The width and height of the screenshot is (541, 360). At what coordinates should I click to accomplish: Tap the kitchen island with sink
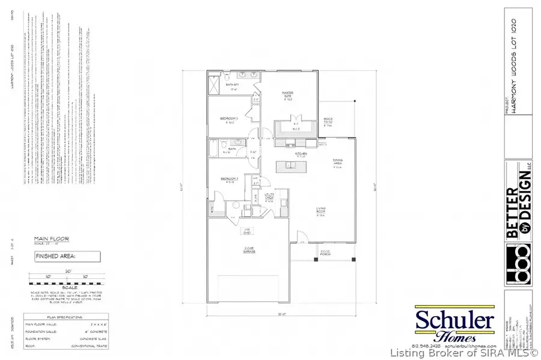[x=292, y=166]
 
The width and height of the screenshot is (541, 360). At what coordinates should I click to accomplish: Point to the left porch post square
[x=317, y=260]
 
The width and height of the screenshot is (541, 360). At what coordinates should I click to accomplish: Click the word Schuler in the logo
[x=454, y=320]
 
